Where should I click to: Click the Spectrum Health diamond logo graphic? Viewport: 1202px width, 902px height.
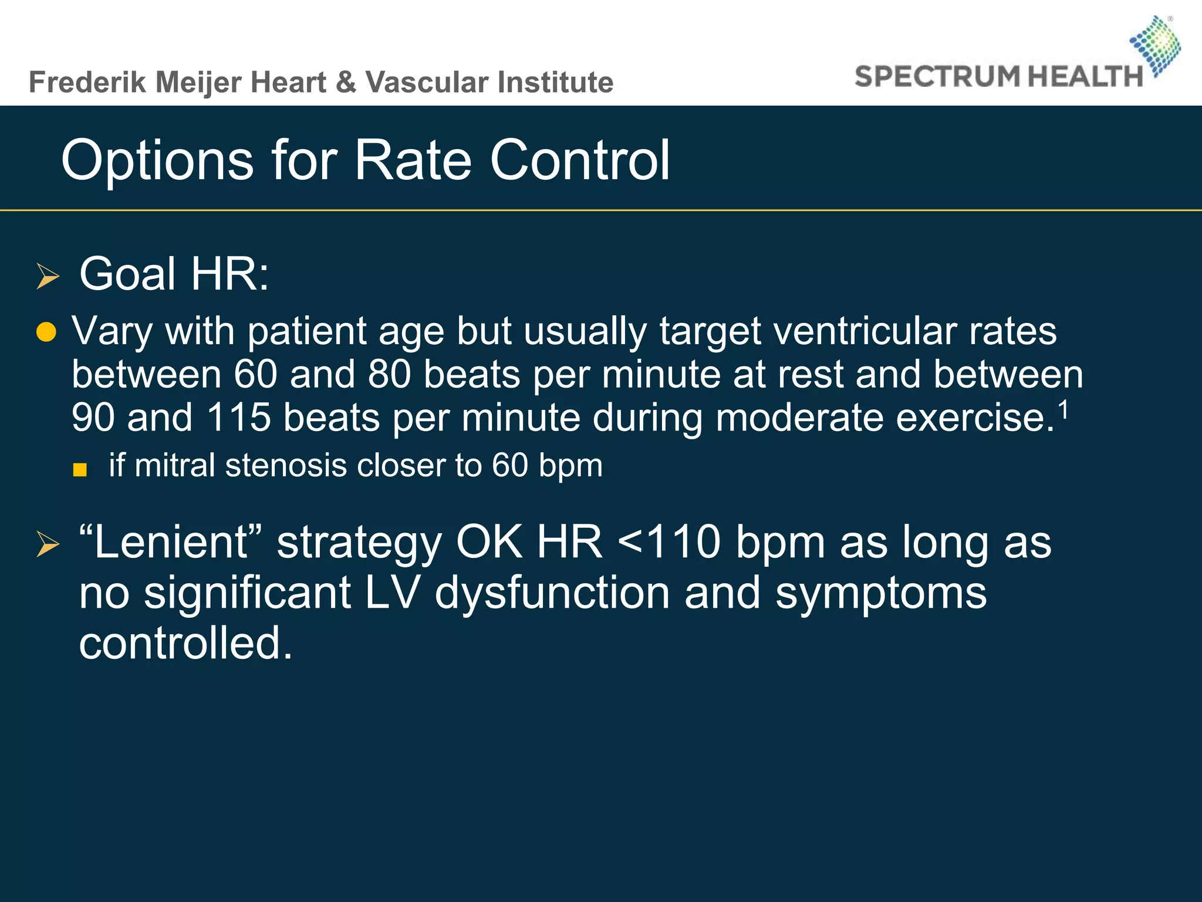[x=1155, y=46]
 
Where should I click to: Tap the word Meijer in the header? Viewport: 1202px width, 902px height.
[x=199, y=82]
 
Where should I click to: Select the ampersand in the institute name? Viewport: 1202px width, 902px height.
[x=346, y=82]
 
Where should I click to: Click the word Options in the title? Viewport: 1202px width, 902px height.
[x=157, y=160]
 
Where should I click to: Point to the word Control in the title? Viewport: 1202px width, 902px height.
[x=580, y=160]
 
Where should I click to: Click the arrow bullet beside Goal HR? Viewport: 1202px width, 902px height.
[x=48, y=276]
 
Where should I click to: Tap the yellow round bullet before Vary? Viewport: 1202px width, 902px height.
[x=46, y=332]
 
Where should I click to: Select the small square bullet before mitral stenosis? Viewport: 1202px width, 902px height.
[x=80, y=470]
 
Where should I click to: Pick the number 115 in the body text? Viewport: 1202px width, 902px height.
[x=239, y=418]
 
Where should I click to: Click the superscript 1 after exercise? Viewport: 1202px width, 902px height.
[x=1063, y=410]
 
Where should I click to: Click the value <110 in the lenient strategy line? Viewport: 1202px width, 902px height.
[x=668, y=541]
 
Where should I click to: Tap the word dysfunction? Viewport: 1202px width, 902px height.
[x=552, y=593]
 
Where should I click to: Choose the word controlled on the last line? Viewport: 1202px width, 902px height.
[x=185, y=643]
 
